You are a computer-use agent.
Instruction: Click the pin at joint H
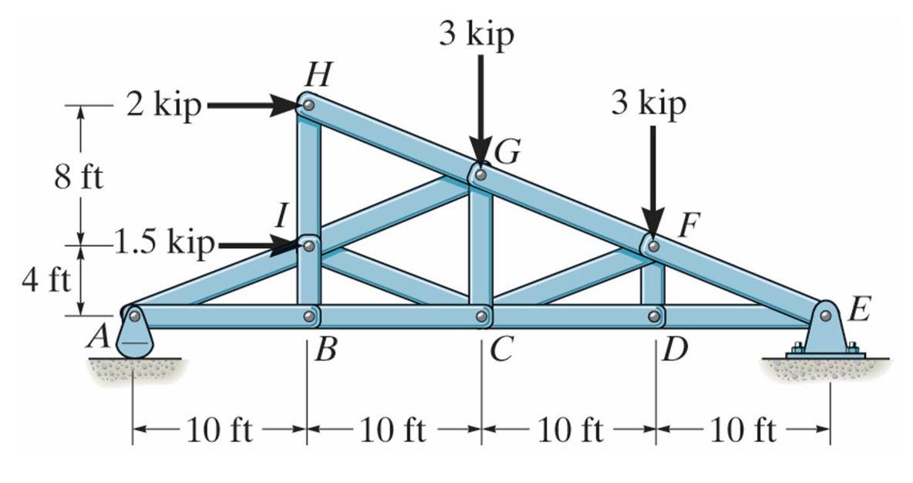click(x=308, y=103)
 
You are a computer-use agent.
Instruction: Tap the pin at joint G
click(x=480, y=175)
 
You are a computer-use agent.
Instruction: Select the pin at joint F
click(x=653, y=246)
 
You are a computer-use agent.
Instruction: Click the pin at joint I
click(x=308, y=245)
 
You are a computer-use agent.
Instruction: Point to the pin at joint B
click(x=308, y=316)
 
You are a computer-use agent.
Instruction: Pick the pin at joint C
click(x=481, y=316)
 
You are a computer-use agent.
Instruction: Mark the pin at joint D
click(x=654, y=316)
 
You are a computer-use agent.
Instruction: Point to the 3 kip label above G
click(x=476, y=35)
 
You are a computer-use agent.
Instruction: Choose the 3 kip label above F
click(x=649, y=103)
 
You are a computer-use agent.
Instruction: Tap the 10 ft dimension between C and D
click(x=570, y=431)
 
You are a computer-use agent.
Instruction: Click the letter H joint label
click(x=315, y=75)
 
